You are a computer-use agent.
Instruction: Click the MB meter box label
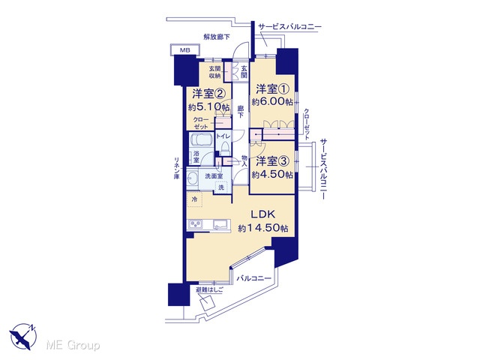(x=184, y=50)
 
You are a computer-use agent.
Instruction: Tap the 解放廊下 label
(x=217, y=37)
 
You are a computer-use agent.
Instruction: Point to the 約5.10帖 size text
(x=208, y=106)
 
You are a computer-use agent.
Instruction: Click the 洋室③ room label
(x=272, y=161)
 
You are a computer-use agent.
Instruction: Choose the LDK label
(x=263, y=214)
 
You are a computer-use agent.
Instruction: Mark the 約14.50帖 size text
(x=263, y=228)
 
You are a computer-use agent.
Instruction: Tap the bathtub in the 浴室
(x=200, y=140)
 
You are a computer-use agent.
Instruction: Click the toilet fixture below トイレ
(x=225, y=148)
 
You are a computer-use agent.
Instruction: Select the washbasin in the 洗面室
(x=192, y=178)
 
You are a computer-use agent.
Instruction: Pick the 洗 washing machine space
(x=221, y=187)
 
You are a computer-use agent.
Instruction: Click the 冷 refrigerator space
(x=195, y=199)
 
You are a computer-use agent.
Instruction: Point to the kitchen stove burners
(x=195, y=224)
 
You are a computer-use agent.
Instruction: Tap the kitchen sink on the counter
(x=221, y=225)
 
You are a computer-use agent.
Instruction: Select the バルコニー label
(x=254, y=278)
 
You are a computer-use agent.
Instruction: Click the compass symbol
(x=23, y=336)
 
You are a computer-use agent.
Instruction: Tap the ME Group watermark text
(x=73, y=345)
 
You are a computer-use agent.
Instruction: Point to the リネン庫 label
(x=177, y=168)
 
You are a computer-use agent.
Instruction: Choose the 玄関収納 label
(x=215, y=72)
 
